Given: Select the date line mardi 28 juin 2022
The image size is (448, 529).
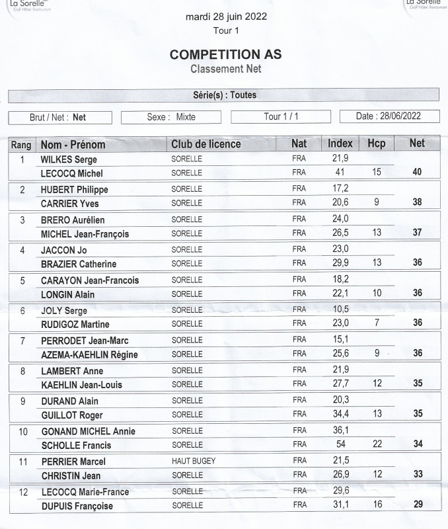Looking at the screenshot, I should click(226, 17).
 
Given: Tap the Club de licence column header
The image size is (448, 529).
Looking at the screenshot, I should click(205, 143).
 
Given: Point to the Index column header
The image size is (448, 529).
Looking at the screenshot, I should click(340, 143).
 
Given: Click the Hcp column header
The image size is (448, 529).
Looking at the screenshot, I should click(377, 143).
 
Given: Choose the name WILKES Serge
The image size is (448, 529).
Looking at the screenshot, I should click(69, 159).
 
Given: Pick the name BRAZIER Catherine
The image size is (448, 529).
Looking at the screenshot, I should click(75, 263).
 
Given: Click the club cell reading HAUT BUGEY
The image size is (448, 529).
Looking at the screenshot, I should click(192, 460).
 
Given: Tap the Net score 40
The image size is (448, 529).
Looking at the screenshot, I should click(417, 172).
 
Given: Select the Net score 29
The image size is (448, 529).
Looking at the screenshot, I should click(417, 505).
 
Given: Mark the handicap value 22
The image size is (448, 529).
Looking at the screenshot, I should click(377, 444).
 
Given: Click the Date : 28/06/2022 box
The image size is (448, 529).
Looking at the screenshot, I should click(389, 116).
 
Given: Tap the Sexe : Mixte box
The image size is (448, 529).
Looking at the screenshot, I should click(171, 117).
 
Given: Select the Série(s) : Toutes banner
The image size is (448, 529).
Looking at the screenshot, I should click(223, 95).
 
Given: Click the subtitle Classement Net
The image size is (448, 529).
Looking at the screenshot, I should click(226, 69).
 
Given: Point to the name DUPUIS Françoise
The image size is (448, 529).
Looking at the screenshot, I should click(77, 506).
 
